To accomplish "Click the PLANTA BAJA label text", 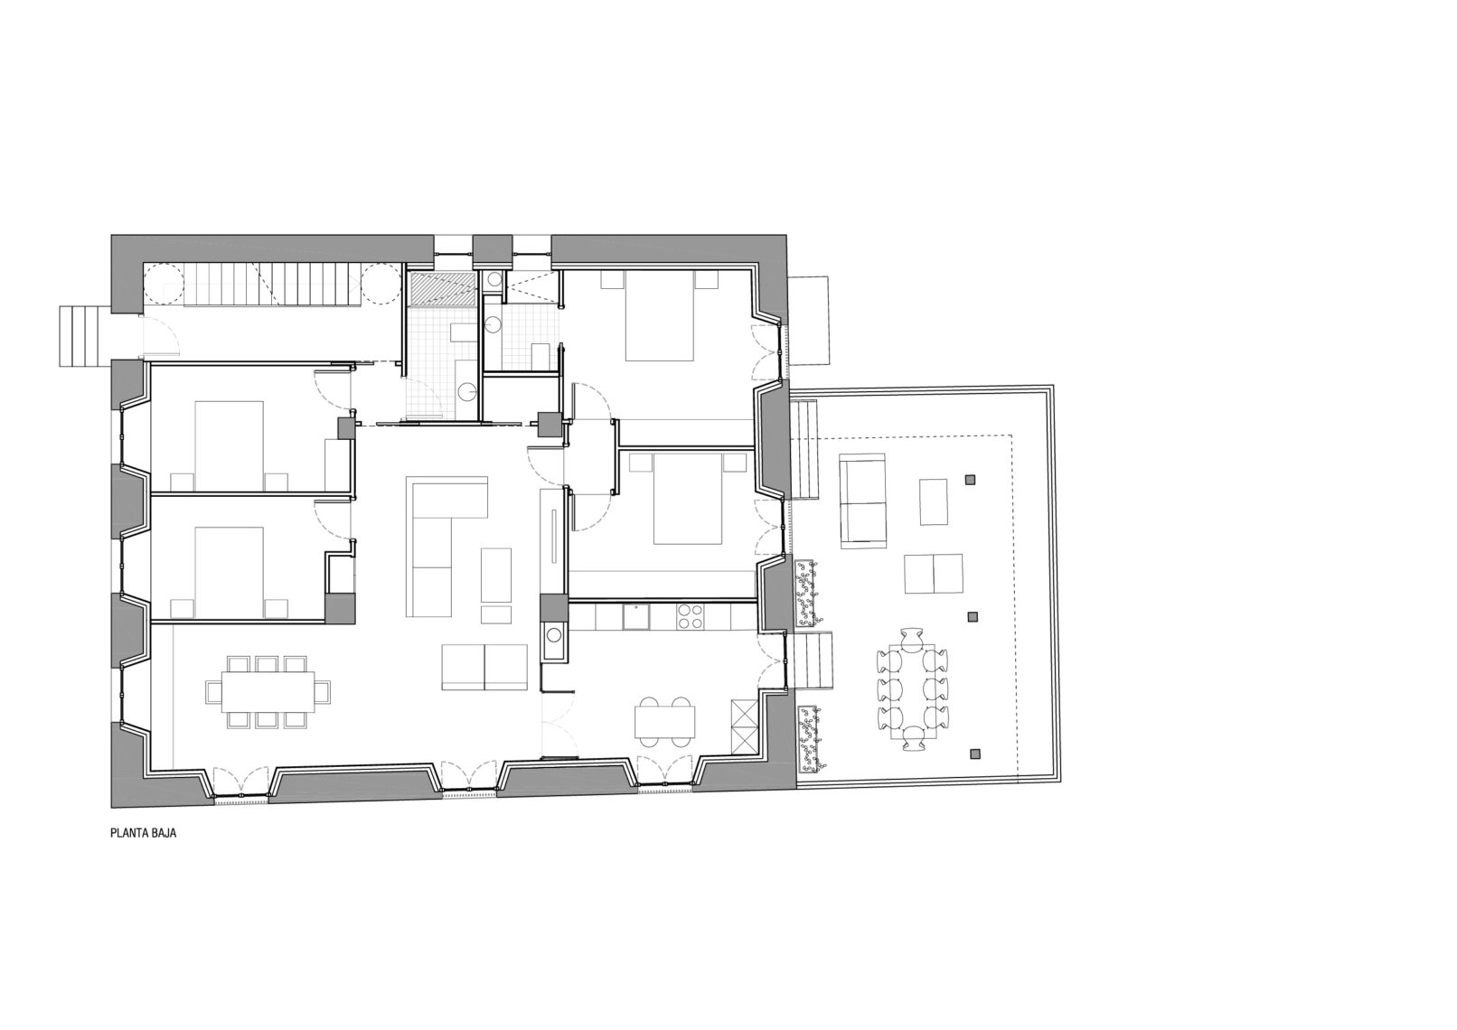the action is click(x=144, y=833).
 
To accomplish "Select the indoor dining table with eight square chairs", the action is click(x=268, y=691).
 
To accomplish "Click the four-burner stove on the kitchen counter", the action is click(x=691, y=616).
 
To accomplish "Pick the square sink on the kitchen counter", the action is click(x=635, y=616).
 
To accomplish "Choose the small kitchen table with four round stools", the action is click(x=664, y=721).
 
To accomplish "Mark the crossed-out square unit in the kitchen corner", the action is click(x=745, y=726).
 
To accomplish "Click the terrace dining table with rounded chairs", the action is click(x=913, y=688).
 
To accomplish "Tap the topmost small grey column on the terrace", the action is click(x=971, y=481).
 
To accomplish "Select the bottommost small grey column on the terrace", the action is click(x=973, y=754).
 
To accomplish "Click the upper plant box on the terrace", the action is click(x=806, y=593).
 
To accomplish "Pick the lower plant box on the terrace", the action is click(x=810, y=741).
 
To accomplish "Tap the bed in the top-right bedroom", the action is click(x=659, y=316).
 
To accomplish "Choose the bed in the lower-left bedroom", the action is click(x=229, y=572).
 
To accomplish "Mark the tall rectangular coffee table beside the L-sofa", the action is click(x=495, y=574).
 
